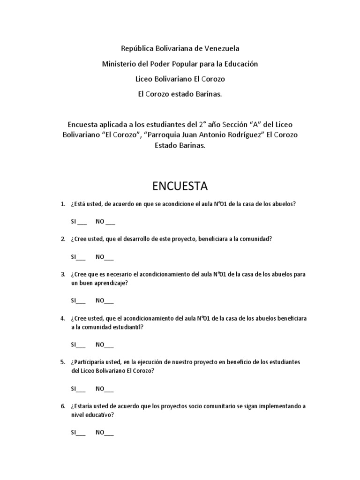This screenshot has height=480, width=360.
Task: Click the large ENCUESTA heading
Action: pyautogui.click(x=180, y=186)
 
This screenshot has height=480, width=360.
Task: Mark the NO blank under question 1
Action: pyautogui.click(x=110, y=222)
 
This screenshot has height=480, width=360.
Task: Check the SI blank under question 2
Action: pyautogui.click(x=81, y=257)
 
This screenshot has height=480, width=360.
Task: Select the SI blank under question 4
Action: pyautogui.click(x=81, y=345)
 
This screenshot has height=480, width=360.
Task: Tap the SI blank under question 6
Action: pyautogui.click(x=81, y=433)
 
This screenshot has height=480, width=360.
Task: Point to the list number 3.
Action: pyautogui.click(x=63, y=274)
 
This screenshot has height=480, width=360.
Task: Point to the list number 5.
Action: pyautogui.click(x=63, y=362)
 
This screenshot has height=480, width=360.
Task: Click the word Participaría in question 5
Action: pyautogui.click(x=89, y=362)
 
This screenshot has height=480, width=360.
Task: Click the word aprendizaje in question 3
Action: pyautogui.click(x=109, y=283)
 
